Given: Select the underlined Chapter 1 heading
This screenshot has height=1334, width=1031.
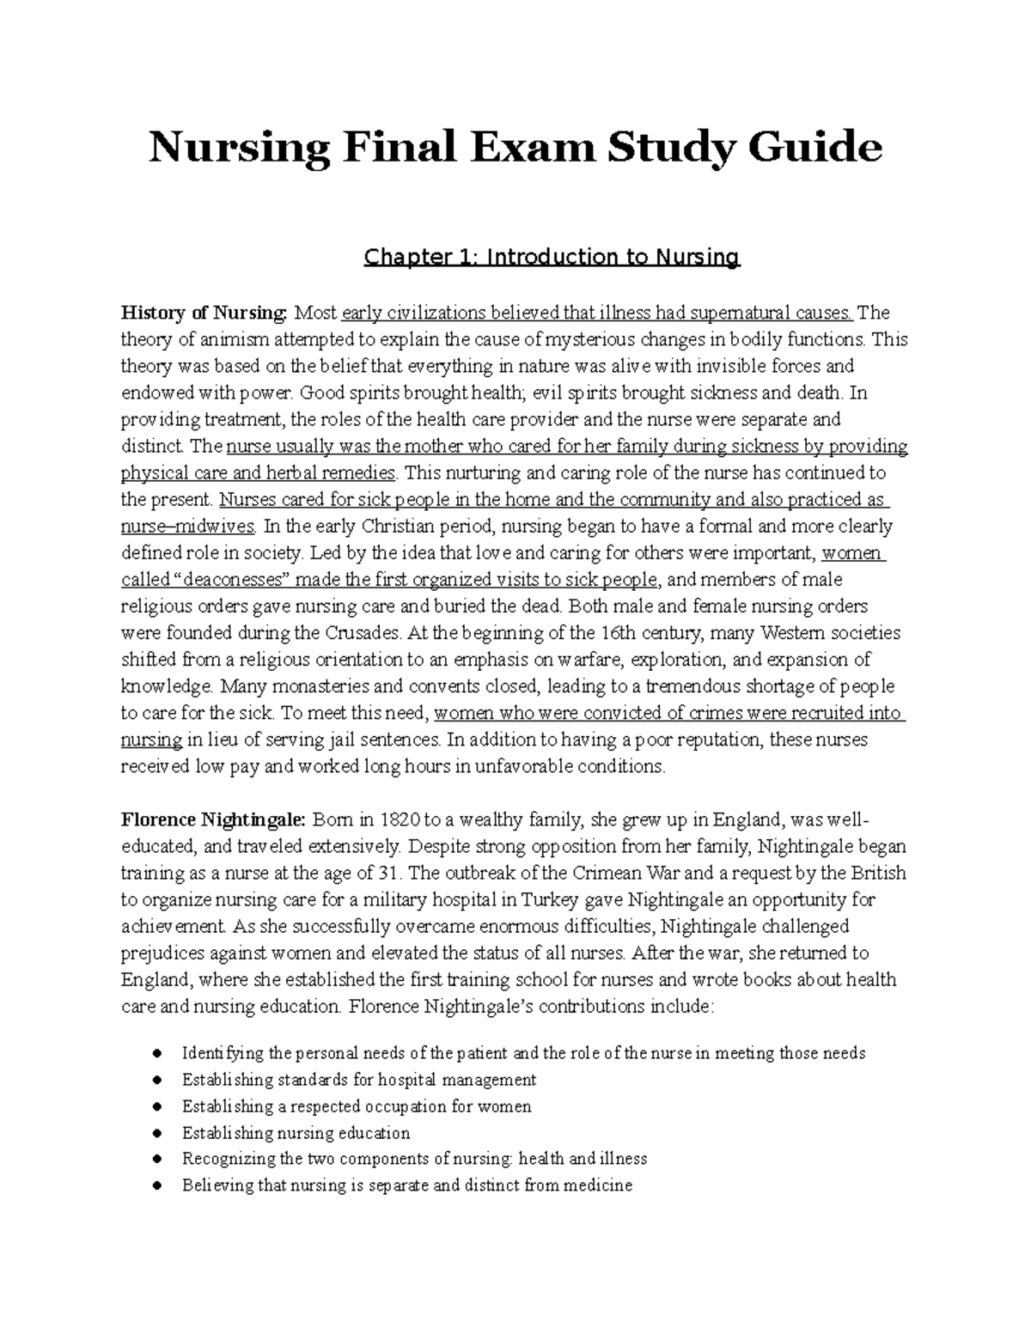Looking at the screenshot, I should pos(552,257).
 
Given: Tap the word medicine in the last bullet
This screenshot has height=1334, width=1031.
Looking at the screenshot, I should pos(598,1186).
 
